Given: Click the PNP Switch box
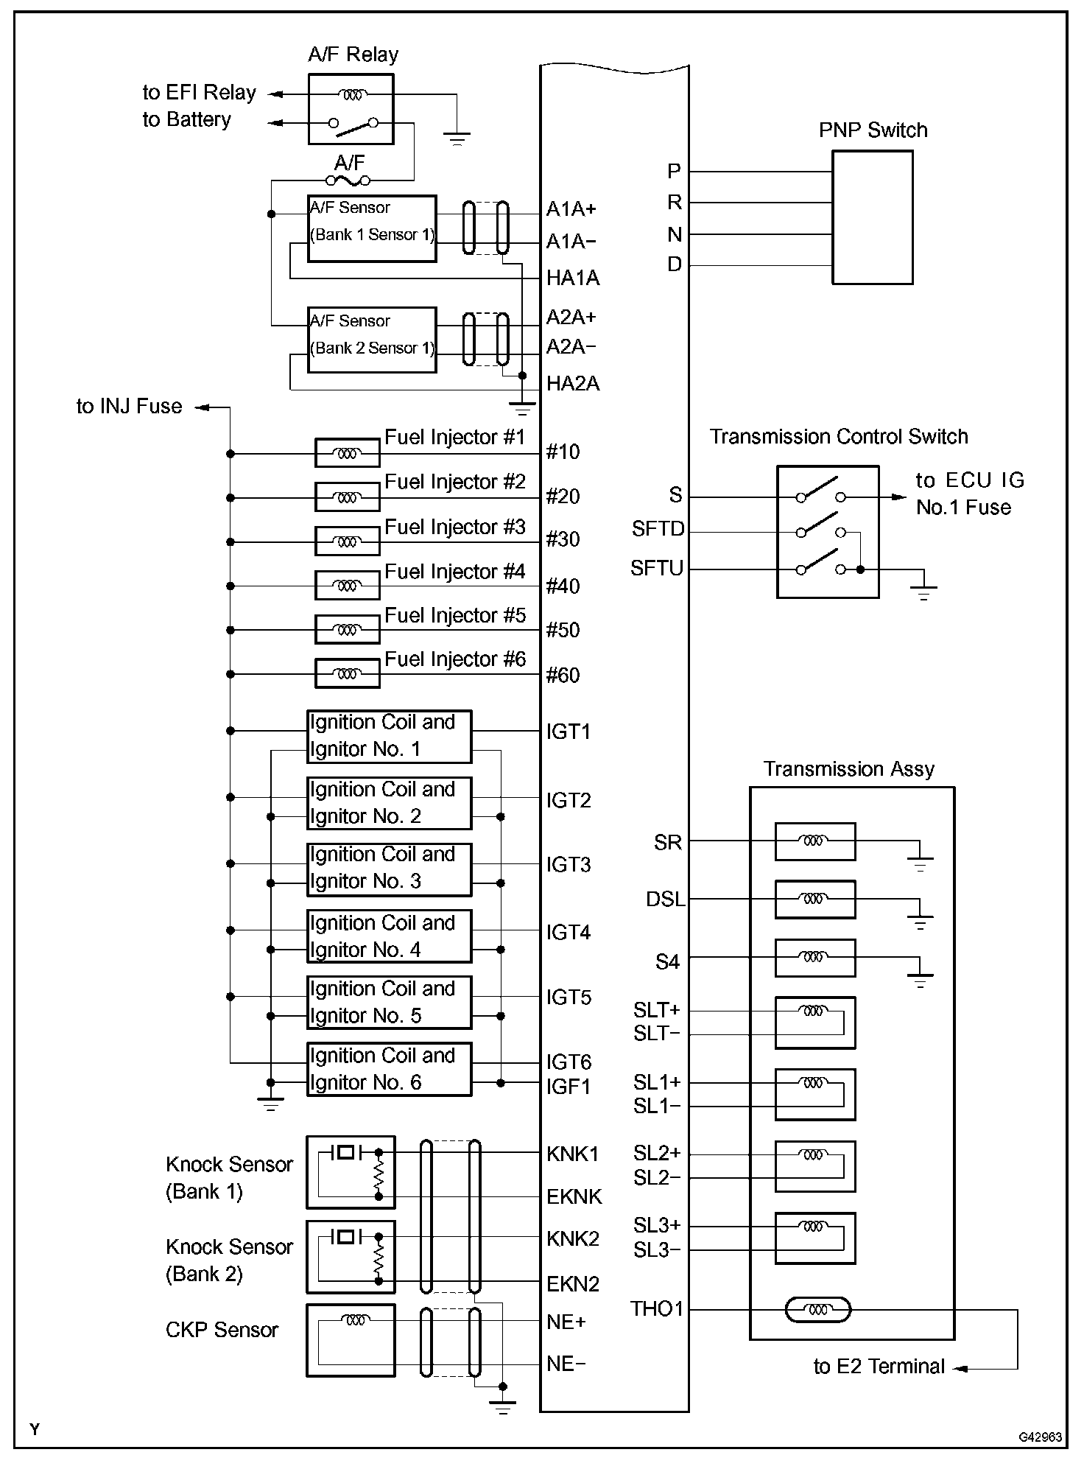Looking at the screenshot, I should pos(872,217).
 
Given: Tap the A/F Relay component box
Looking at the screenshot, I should pos(351,109).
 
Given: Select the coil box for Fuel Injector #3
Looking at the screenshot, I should pos(347,541).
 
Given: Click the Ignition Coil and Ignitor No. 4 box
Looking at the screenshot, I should pos(389,936).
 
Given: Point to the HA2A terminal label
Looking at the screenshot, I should pos(573,384).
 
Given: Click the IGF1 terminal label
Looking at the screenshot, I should pos(569,1087).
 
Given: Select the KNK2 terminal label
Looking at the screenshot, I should pos(573,1238).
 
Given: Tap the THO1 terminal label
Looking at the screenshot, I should pos(657,1309).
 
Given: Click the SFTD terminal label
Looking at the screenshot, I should pos(658,529).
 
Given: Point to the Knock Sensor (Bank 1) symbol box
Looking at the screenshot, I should pos(351,1172).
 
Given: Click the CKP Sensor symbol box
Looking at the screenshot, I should pos(351,1340).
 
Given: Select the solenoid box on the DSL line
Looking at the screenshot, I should pos(814,899).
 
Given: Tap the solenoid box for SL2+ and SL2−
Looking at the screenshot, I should pos(814,1166).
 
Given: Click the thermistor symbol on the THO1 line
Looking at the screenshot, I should pos(817,1310).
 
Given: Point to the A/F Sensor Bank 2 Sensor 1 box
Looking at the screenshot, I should pos(372,340).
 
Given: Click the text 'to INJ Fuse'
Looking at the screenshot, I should pos(129,407).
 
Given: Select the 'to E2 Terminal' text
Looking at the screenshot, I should pos(879,1367).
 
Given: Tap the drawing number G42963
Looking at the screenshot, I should pos(1040,1437).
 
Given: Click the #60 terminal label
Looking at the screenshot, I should pos(563,676).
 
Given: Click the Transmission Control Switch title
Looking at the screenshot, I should pos(839,437).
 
